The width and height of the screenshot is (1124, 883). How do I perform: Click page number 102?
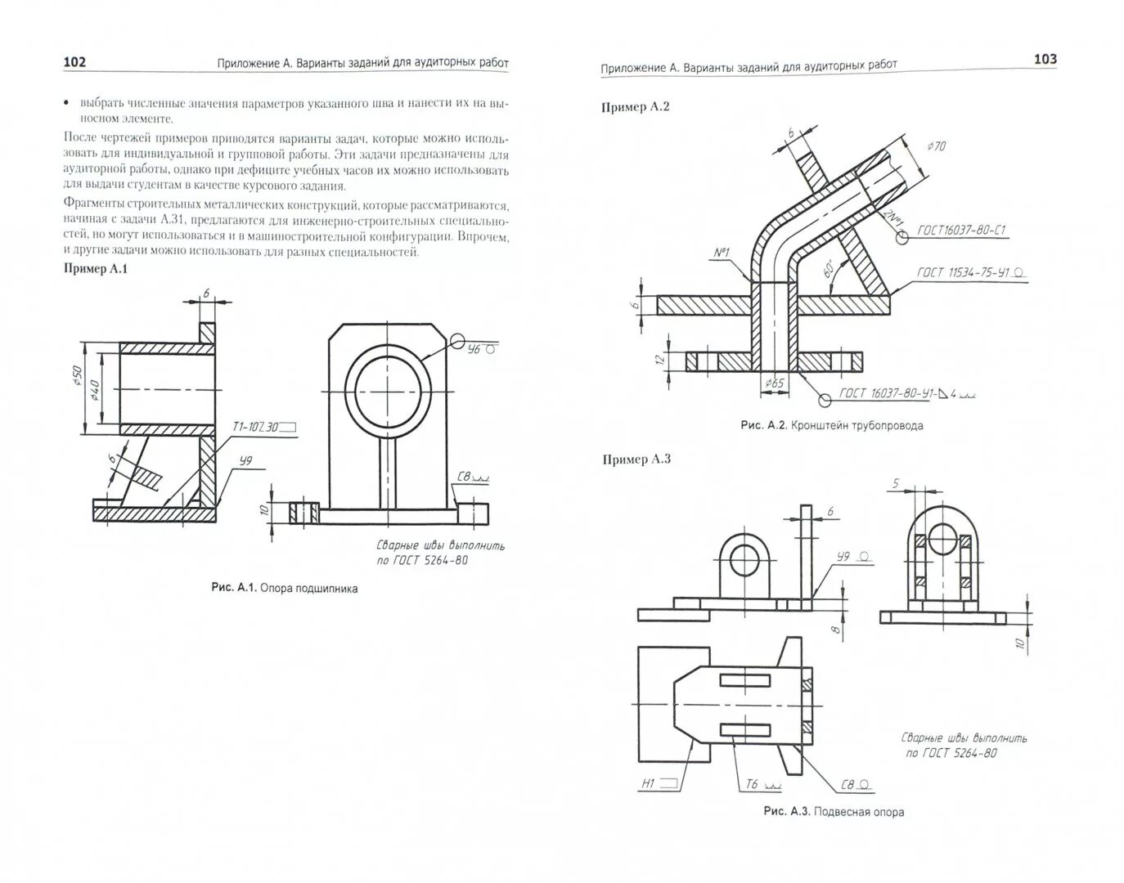coord(74,63)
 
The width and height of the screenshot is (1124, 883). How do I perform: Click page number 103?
coord(1045,59)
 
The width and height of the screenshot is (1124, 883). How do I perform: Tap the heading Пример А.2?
coord(636,107)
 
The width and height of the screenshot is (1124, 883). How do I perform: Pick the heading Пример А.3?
coord(636,459)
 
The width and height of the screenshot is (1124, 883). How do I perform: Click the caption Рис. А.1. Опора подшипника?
coord(284,588)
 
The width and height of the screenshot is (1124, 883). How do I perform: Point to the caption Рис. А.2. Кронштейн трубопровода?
coord(831,425)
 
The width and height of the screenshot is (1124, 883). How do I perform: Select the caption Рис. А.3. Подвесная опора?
coord(833,812)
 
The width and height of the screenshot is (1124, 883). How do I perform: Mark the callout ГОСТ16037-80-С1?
coord(960,231)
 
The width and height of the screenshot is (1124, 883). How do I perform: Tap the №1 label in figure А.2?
coord(722,253)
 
